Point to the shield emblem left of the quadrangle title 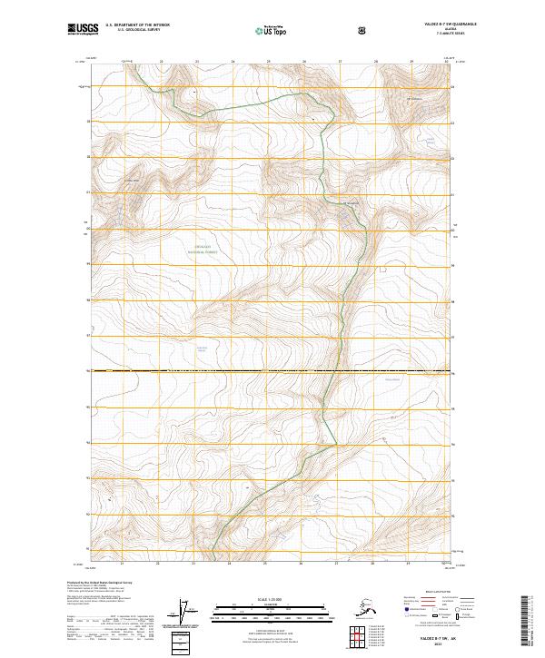click(362, 30)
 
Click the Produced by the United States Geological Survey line click(100, 582)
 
